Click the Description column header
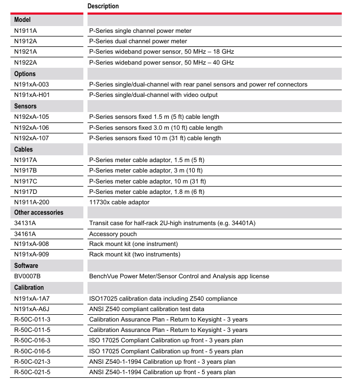pos(103,6)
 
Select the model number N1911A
pos(26,31)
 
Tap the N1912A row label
pos(26,41)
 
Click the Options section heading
pos(25,73)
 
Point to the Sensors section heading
pos(26,106)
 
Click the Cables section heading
pos(23,149)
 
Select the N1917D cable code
pos(26,192)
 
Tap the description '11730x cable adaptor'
pos(119,202)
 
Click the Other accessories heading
pos(39,213)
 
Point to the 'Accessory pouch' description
pos(113,234)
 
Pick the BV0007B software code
pos(28,276)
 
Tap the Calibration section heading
pos(29,287)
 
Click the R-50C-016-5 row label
pos(32,351)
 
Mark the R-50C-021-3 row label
pos(32,362)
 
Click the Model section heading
pos(22,20)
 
